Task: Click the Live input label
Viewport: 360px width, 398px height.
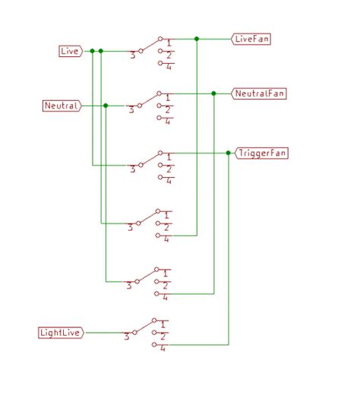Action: (69, 51)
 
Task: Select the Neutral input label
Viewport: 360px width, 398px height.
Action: (62, 106)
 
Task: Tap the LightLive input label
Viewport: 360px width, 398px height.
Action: (61, 333)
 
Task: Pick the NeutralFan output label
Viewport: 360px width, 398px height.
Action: (260, 93)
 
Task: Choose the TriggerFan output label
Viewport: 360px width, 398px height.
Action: (262, 153)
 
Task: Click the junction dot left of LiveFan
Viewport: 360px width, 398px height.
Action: (197, 38)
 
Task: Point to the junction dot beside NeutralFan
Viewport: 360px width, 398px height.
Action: (213, 93)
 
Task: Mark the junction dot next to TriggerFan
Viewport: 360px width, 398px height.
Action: (229, 153)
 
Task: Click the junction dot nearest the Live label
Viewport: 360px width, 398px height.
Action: (92, 51)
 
